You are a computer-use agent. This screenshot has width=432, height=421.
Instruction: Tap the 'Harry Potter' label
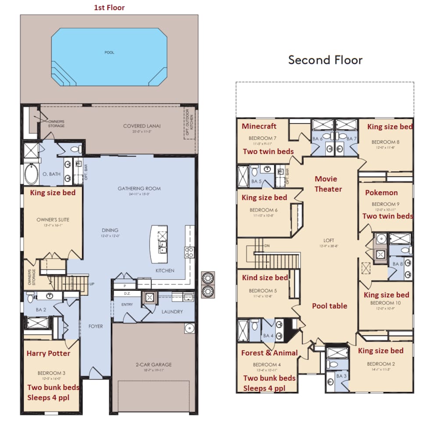pos(48,353)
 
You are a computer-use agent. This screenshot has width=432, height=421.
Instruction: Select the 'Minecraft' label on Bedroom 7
pos(259,126)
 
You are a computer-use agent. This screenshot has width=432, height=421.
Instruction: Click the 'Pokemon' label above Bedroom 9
pos(381,193)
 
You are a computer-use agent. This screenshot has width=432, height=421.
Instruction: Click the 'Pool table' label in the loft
pos(329,306)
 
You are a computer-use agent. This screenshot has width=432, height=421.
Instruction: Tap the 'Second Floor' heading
pos(325,60)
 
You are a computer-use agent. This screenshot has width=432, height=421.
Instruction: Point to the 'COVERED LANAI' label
pos(142,126)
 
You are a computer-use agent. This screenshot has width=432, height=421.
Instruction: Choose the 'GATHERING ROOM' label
pos(139,189)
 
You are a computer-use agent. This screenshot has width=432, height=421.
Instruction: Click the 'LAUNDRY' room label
pos(172,312)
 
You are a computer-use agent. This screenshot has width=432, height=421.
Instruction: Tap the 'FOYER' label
pos(96,326)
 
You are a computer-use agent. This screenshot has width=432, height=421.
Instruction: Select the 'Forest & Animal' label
pos(269,353)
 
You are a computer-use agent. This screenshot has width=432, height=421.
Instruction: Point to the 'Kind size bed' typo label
pos(265,277)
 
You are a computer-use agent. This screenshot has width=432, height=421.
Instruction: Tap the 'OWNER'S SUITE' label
pos(53,220)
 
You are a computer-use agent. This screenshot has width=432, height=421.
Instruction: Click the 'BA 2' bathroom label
pos(41,310)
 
